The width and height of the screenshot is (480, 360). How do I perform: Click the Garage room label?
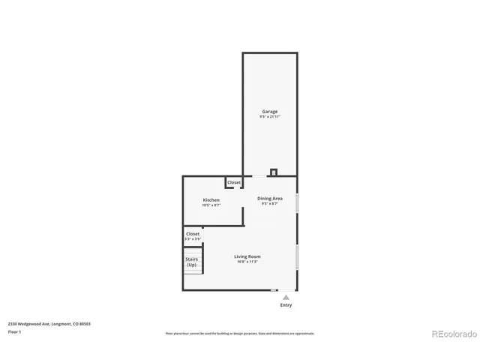coord(269,112)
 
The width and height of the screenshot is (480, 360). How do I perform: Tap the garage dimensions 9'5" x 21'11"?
coord(269,117)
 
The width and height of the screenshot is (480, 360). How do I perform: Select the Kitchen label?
coord(211,200)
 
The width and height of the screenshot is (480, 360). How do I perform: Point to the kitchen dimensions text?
coord(211,205)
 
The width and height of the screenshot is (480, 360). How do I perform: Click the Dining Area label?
coord(270,199)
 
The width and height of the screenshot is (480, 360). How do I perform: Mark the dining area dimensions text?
coord(270,204)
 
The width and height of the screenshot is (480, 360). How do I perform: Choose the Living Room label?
coord(247,256)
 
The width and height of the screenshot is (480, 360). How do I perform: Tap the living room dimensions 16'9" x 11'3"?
coord(247,262)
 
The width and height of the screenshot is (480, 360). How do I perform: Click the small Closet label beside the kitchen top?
coord(234,182)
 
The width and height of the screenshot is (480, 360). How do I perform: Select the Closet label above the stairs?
coord(193,234)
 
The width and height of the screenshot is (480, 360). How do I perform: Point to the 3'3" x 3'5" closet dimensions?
coord(193,239)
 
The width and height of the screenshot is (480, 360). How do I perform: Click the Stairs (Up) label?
coord(192,262)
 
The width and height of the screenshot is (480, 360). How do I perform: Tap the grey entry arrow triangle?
coord(286,298)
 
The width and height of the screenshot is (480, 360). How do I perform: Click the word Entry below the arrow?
coord(286,305)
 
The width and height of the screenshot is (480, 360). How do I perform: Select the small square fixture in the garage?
coord(274,172)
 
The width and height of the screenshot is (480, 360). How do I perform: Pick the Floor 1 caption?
coord(14,331)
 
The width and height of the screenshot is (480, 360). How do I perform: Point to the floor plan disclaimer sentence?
coord(240,333)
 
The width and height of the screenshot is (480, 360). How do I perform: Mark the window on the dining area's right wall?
coord(297,203)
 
